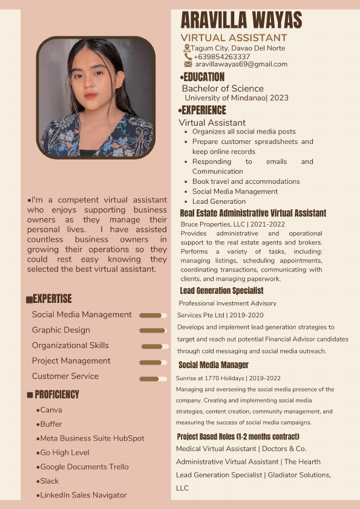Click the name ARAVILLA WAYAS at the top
(241, 20)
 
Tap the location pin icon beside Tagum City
(187, 48)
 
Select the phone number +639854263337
(221, 56)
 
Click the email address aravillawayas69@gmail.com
(241, 64)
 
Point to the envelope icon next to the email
(188, 64)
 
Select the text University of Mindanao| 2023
(236, 98)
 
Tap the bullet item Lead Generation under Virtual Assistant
(219, 201)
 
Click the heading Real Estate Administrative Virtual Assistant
(253, 213)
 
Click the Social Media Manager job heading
(214, 365)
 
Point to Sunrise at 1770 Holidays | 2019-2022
(220, 378)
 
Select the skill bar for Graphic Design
(152, 331)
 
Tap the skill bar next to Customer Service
(152, 379)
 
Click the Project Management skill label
(71, 361)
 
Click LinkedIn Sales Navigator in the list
(83, 495)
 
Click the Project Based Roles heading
(238, 436)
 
